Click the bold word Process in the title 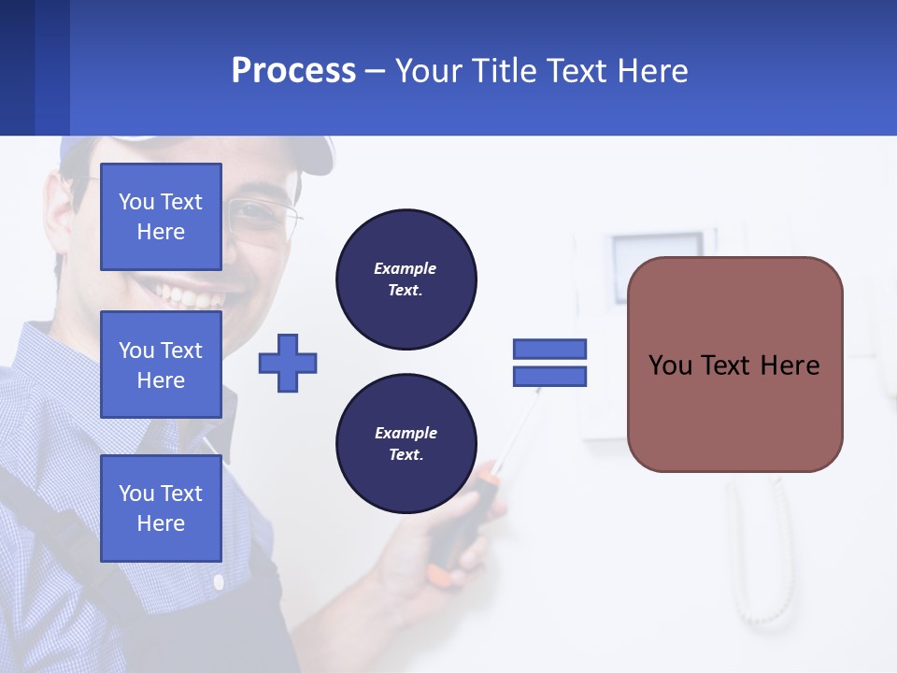[x=293, y=71]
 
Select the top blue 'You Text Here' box [x=161, y=217]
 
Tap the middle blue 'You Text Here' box [x=161, y=365]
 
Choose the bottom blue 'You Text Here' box [x=161, y=508]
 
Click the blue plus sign [x=288, y=363]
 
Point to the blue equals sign [x=549, y=363]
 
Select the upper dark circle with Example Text [x=406, y=279]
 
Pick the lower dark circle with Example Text [x=406, y=444]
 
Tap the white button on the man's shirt [x=218, y=582]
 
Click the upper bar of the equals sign [x=549, y=350]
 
